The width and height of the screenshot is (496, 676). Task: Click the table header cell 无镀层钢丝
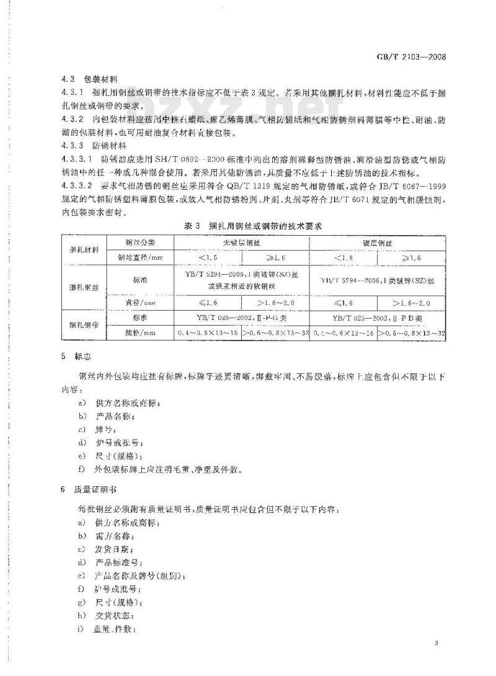pos(242,242)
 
